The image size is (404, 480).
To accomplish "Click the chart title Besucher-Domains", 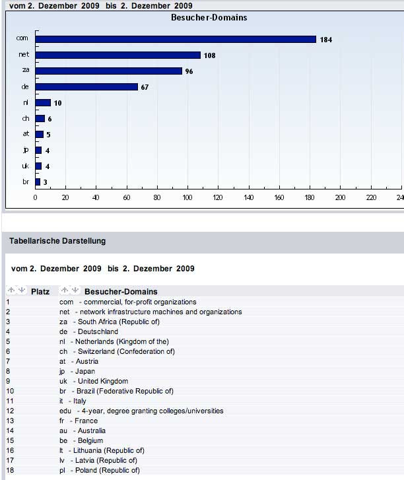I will click(208, 17).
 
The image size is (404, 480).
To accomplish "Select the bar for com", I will click(176, 39).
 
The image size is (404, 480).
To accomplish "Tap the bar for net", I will click(118, 55).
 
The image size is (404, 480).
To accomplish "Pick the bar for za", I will click(108, 71).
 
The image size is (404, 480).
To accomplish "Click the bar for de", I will click(86, 86).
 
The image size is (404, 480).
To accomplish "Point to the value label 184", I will click(325, 40).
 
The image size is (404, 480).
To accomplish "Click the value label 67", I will click(145, 87).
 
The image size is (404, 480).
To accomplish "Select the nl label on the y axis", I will click(25, 102).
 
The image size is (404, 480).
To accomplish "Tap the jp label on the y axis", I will click(25, 150).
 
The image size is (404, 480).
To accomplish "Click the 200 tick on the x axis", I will click(340, 197).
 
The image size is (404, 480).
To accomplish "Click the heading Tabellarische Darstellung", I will click(57, 241).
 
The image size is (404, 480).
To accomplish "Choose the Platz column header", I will click(40, 291).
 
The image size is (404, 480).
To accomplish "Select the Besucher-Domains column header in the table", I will click(121, 291).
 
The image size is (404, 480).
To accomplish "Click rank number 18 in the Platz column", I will click(9, 470).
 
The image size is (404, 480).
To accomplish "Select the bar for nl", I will click(43, 102).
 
